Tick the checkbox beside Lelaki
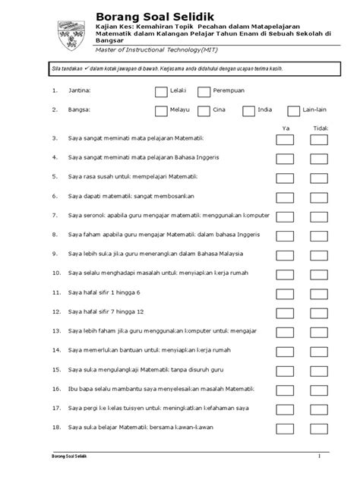160,92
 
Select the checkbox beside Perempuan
204,92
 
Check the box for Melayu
160,111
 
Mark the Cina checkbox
204,111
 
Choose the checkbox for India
249,111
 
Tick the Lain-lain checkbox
292,111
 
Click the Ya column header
286,128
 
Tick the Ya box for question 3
285,140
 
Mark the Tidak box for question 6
320,196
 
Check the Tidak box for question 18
320,428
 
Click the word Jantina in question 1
79,92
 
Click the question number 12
55,312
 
